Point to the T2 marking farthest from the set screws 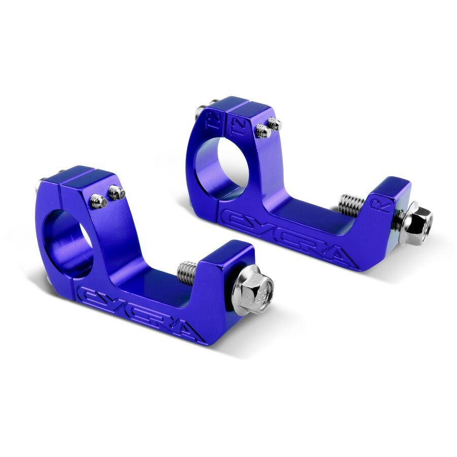coord(213,120)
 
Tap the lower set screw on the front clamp coord(99,202)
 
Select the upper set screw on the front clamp coord(116,192)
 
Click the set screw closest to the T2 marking coord(263,131)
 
